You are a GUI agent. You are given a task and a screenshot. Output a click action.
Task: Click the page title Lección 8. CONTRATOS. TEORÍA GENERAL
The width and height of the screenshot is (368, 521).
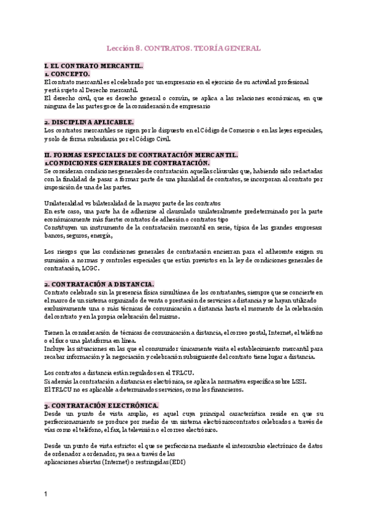pos(184,48)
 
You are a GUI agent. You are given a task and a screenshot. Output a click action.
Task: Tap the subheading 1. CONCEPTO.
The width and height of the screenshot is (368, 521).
pos(67,74)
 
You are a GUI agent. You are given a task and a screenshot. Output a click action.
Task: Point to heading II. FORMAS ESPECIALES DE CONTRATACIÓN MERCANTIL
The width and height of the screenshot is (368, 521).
pos(142,155)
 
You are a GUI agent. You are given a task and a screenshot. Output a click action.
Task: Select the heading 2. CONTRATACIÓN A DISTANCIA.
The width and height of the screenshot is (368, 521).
pos(99,284)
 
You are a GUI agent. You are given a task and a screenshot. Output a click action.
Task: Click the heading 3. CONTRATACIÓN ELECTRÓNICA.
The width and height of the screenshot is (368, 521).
pos(102,406)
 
